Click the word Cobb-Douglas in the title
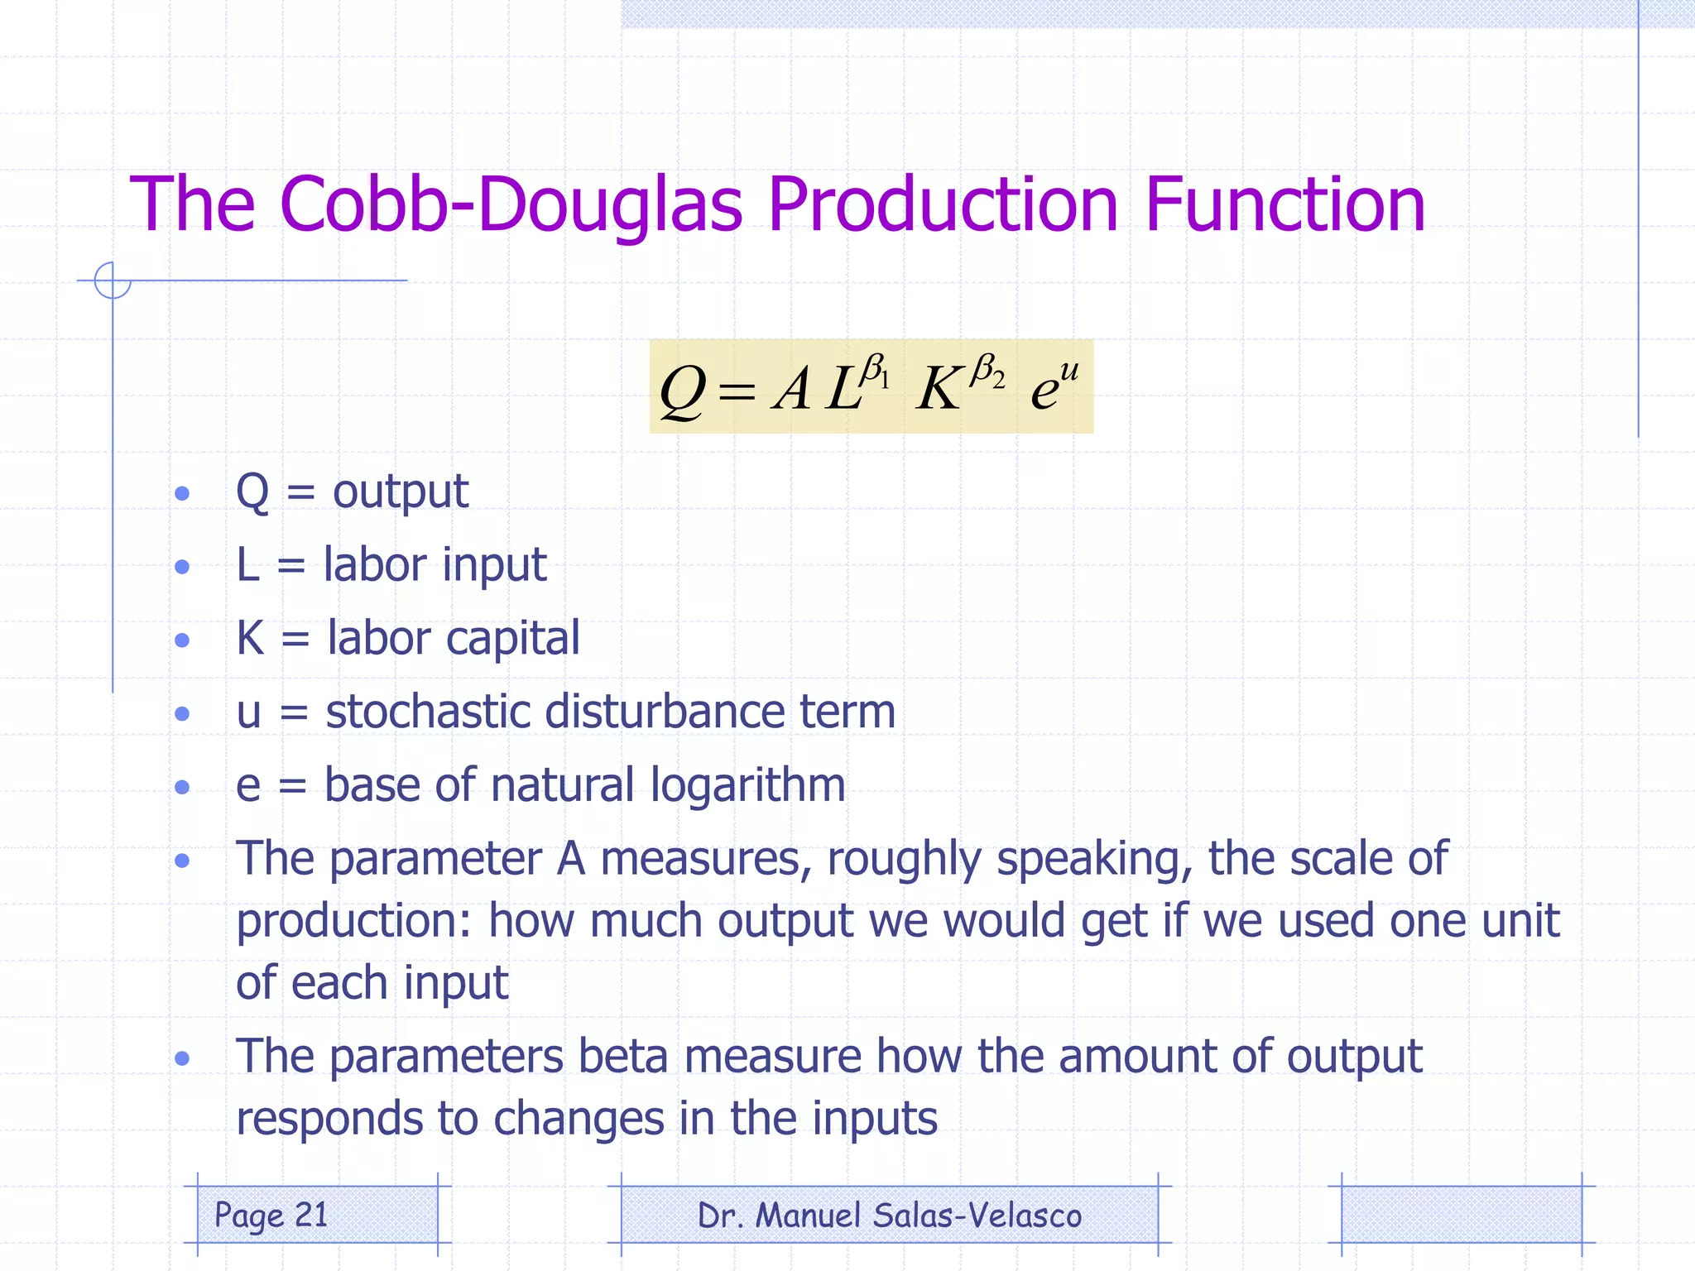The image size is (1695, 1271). click(x=511, y=204)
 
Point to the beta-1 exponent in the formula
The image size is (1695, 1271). click(x=874, y=371)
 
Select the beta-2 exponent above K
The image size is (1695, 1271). click(x=987, y=371)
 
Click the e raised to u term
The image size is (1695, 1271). click(x=1054, y=385)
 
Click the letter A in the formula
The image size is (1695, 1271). click(x=792, y=389)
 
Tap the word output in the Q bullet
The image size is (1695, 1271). click(x=401, y=492)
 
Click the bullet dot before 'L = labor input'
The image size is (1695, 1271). click(x=183, y=567)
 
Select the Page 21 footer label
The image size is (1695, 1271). click(x=271, y=1215)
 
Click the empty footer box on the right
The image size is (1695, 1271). click(x=1461, y=1215)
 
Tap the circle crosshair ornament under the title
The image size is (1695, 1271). click(x=113, y=281)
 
